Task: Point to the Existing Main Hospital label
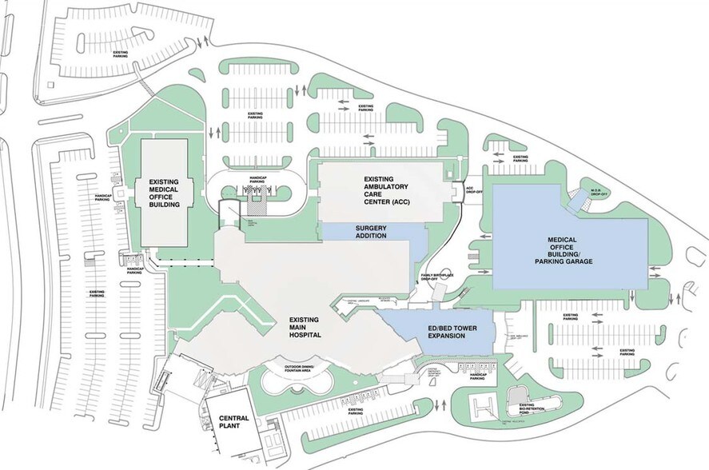click(305, 327)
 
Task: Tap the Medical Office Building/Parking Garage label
click(569, 250)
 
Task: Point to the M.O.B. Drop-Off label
click(600, 192)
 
